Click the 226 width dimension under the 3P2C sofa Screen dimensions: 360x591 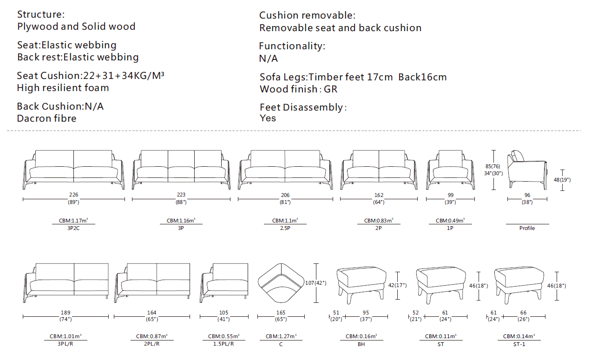click(74, 195)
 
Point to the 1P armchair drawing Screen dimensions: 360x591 click(450, 170)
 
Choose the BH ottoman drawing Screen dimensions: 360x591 click(361, 282)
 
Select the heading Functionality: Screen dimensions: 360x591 click(292, 46)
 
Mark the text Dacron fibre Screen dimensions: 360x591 click(46, 118)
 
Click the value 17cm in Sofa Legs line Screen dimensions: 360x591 click(379, 77)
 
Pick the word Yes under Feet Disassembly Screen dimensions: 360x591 click(268, 118)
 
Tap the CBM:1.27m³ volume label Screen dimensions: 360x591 click(281, 336)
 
